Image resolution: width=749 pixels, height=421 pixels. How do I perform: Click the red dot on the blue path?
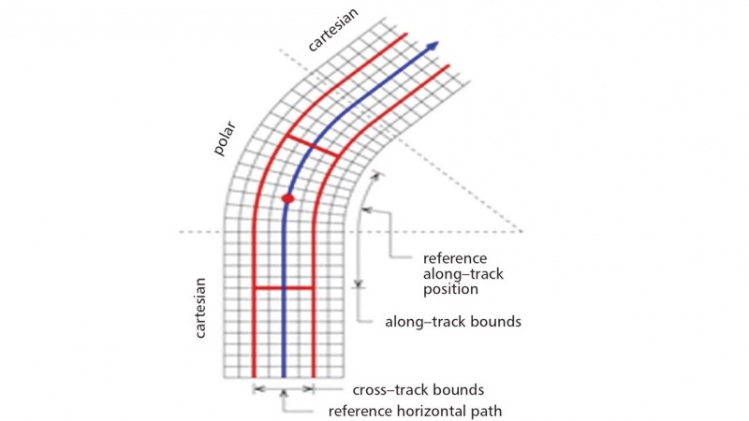(288, 198)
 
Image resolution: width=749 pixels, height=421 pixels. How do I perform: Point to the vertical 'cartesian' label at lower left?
(200, 306)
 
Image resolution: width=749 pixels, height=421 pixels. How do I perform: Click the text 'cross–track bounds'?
(418, 389)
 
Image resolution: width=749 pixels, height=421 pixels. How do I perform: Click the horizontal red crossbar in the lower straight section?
(284, 288)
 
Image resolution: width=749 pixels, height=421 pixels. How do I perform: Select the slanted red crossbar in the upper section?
(312, 147)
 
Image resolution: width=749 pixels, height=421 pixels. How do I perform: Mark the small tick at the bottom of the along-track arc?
(359, 283)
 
